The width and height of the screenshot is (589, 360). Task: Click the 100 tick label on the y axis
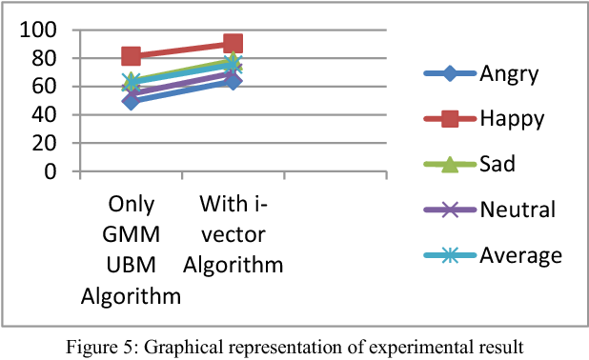pos(42,30)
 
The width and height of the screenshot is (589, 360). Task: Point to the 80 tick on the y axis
pos(48,58)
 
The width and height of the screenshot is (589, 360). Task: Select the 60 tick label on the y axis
pos(48,87)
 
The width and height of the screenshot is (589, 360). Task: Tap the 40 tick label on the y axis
pos(48,114)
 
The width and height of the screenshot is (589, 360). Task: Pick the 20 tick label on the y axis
pos(48,143)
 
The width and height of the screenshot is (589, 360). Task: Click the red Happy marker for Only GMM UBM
pos(132,57)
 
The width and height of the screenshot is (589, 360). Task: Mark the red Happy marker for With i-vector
pos(233,44)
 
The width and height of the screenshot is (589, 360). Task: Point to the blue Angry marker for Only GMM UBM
pos(132,100)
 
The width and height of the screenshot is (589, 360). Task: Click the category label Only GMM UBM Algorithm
pos(132,250)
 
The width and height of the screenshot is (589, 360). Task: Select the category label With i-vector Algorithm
pos(234,234)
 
